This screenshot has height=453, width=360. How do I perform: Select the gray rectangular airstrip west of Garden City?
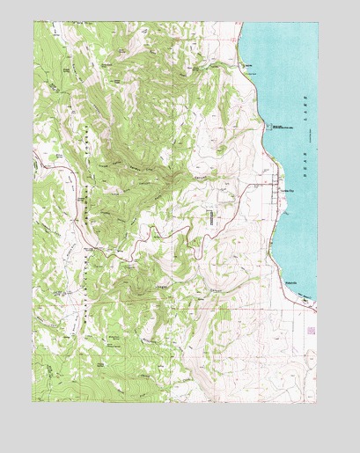pos(211,217)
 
